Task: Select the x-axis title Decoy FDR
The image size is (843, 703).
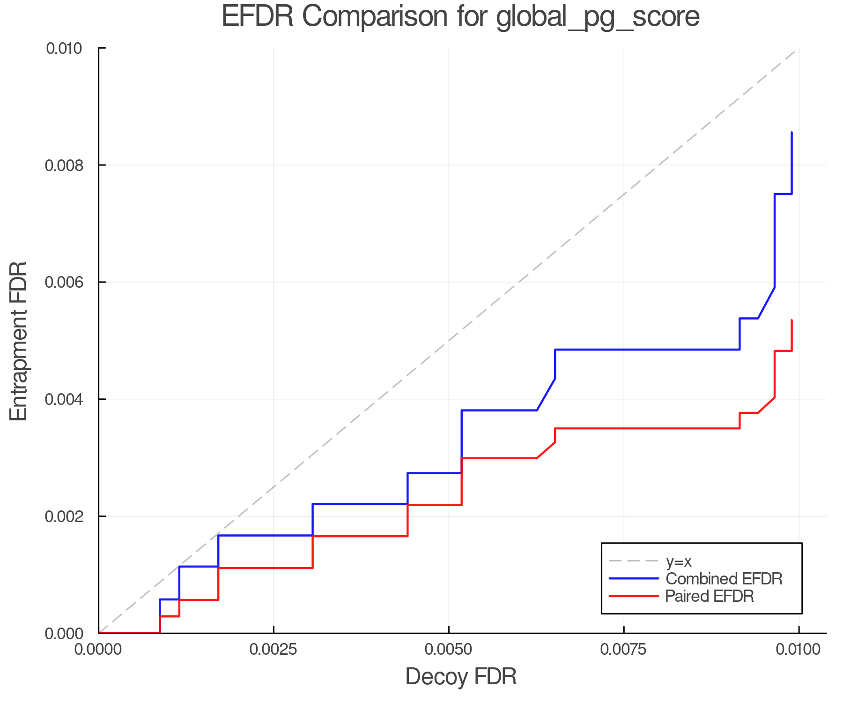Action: [461, 677]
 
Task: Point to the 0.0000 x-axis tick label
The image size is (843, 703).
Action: [98, 650]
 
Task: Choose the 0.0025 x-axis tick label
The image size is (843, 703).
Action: [274, 650]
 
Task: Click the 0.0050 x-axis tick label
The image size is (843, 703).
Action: [449, 650]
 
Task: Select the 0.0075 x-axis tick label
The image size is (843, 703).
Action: [624, 650]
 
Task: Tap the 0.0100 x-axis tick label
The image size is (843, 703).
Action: [799, 650]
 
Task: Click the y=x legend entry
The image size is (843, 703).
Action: [678, 561]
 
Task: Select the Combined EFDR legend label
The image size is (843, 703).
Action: [724, 579]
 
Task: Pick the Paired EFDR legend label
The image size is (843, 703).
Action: [710, 596]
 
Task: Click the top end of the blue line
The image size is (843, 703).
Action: [791, 133]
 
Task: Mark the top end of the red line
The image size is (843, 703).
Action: [791, 320]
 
